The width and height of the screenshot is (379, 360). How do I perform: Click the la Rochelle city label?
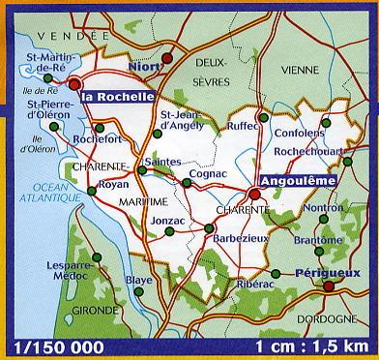click(118, 97)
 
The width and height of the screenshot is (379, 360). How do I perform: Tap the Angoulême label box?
click(297, 179)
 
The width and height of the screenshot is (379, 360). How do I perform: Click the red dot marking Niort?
click(166, 58)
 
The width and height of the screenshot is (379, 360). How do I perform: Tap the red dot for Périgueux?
click(330, 286)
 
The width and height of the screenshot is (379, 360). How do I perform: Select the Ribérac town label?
click(253, 285)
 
